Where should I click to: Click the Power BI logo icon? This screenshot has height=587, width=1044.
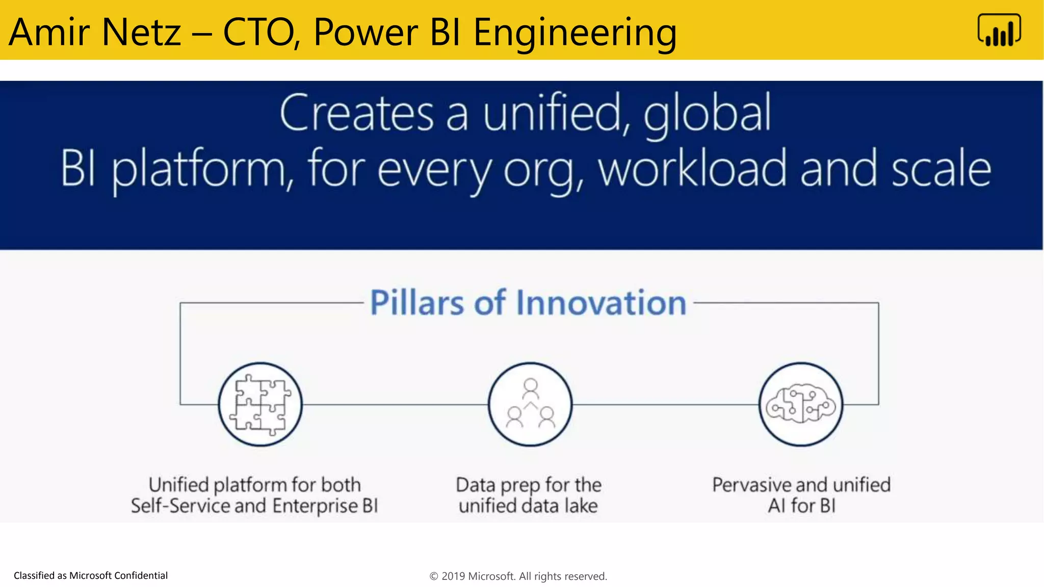pos(999,30)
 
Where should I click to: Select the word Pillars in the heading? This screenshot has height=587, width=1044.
pos(417,303)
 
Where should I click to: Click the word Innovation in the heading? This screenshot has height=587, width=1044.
pos(601,303)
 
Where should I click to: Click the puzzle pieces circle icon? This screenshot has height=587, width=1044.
pos(260,405)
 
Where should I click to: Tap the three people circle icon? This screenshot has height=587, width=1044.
pos(530,405)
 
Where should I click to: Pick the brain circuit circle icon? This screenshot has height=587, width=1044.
pos(800,405)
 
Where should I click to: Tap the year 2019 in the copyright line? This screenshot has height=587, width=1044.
pos(453,576)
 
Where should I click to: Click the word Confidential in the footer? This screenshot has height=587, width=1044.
pos(141,575)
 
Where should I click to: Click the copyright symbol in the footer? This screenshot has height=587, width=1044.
pos(434,576)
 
